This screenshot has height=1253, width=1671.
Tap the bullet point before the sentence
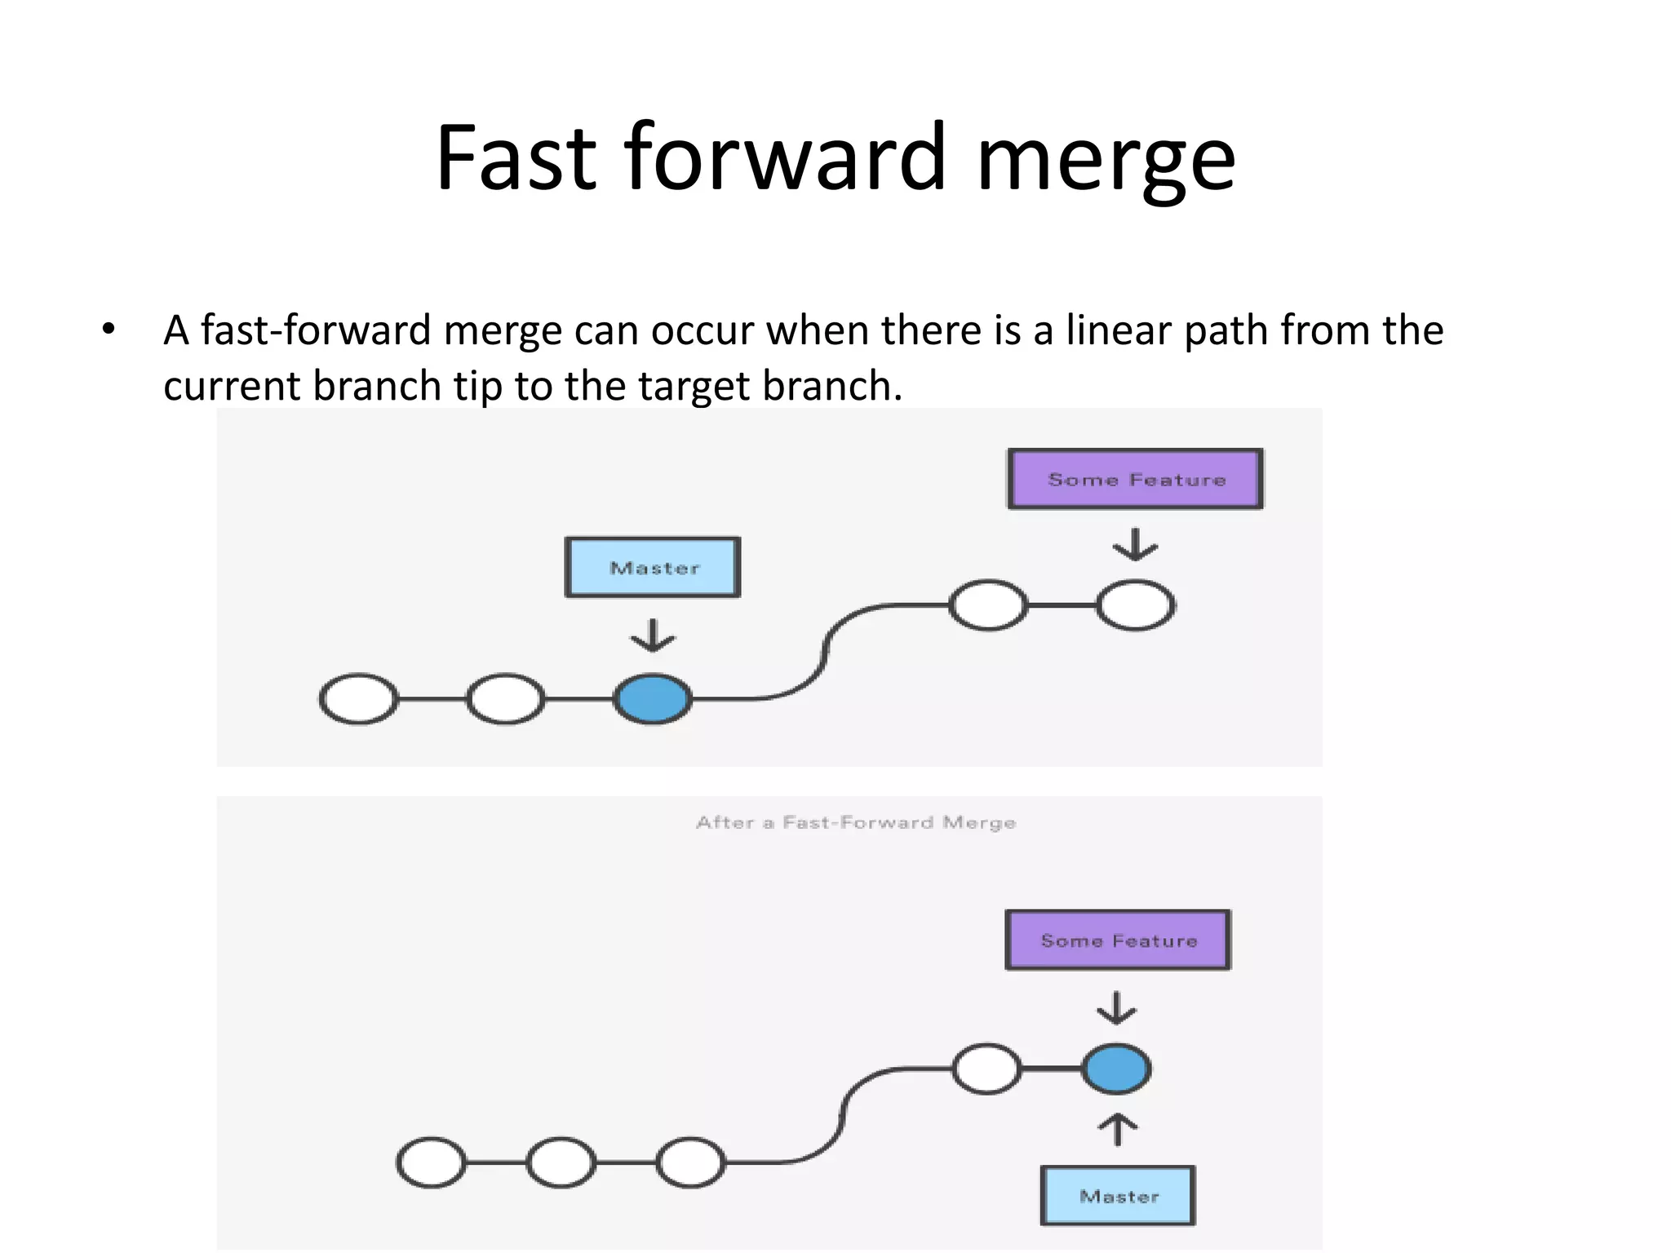pyautogui.click(x=109, y=330)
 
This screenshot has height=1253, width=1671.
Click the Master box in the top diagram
pyautogui.click(x=653, y=568)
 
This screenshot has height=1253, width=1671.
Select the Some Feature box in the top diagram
pyautogui.click(x=1135, y=479)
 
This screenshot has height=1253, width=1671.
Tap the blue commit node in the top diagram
pyautogui.click(x=653, y=699)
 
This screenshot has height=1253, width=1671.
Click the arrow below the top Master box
pyautogui.click(x=653, y=635)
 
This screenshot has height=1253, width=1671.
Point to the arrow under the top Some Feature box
pyautogui.click(x=1135, y=545)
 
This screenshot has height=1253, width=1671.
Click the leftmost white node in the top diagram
pyautogui.click(x=359, y=699)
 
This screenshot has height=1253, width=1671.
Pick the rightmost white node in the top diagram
pyautogui.click(x=1135, y=605)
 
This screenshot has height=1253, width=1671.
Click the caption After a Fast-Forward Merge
pyautogui.click(x=856, y=822)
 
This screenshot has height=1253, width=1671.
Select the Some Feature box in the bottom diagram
pyautogui.click(x=1118, y=940)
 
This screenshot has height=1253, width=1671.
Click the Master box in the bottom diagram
pyautogui.click(x=1118, y=1196)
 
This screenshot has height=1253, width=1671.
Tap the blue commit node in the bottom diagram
pyautogui.click(x=1116, y=1069)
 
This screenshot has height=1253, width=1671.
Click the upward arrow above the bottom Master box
pyautogui.click(x=1117, y=1130)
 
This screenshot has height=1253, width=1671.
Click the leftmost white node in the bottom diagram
pyautogui.click(x=432, y=1162)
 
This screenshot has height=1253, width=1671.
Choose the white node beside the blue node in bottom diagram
pyautogui.click(x=986, y=1069)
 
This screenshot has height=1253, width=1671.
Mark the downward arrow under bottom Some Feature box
pyautogui.click(x=1116, y=1008)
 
